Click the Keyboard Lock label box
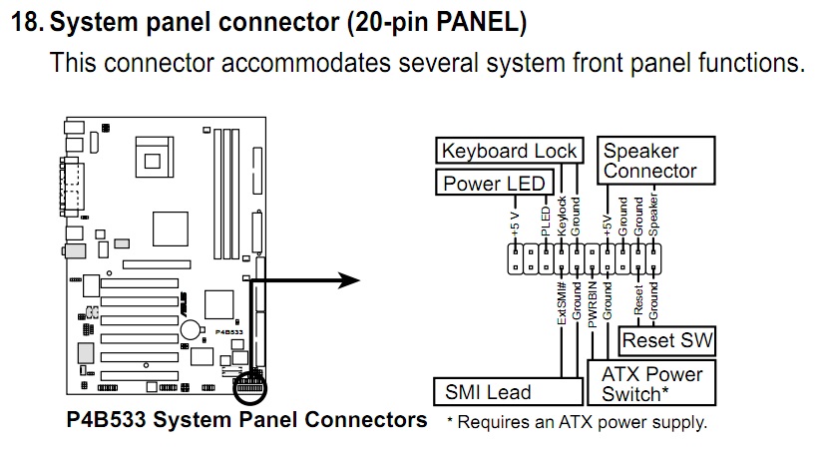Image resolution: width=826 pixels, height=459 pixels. point(509,152)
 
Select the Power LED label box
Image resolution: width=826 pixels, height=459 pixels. point(494,183)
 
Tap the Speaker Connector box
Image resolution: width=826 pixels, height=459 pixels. point(657,162)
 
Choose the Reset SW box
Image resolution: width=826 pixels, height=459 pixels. point(667,341)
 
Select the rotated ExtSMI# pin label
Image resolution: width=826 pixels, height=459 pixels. point(562,302)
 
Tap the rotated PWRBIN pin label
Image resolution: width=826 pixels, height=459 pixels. point(593,305)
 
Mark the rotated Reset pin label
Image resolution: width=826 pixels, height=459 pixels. point(638,299)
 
